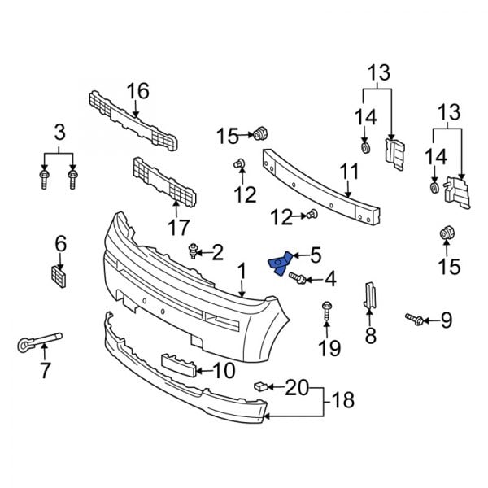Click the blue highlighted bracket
pyautogui.click(x=280, y=264)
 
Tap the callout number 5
pyautogui.click(x=315, y=255)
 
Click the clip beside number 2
pyautogui.click(x=194, y=251)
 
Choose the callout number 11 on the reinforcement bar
pyautogui.click(x=349, y=172)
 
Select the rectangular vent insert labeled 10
pyautogui.click(x=181, y=364)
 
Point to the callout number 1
pyautogui.click(x=242, y=269)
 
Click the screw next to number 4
pyautogui.click(x=298, y=280)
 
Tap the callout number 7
pyautogui.click(x=46, y=370)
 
